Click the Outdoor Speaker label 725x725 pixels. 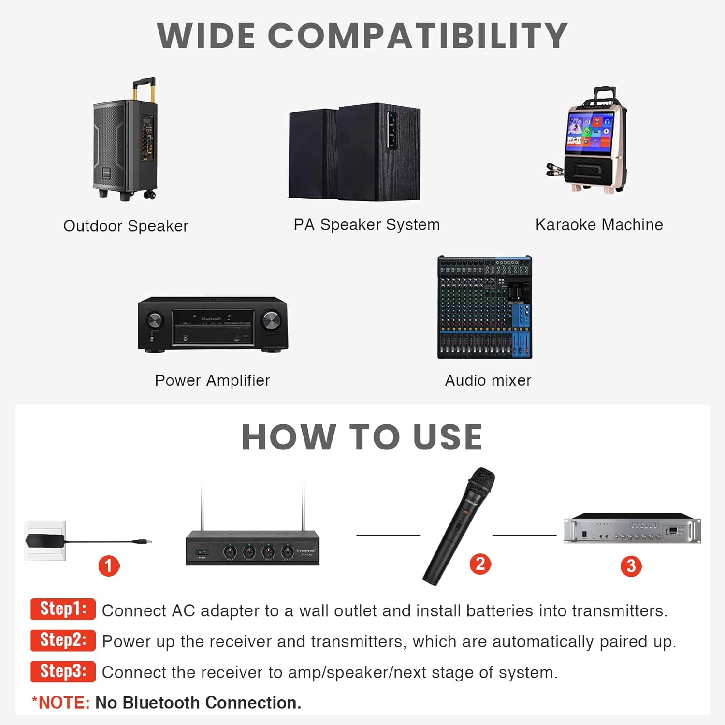pos(126,226)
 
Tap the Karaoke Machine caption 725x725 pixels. pos(599,225)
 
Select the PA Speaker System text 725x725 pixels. pos(367,225)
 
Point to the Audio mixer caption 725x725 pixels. pos(488,381)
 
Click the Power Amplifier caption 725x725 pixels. pos(212,381)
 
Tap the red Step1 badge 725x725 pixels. pos(63,609)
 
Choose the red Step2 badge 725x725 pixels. pos(63,640)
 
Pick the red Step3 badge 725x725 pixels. pos(63,671)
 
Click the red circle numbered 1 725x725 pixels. pos(109,565)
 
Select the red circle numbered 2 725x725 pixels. pos(480,564)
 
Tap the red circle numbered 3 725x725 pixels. pos(631,566)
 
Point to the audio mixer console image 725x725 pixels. pos(485,307)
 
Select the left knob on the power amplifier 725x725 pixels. pos(155,320)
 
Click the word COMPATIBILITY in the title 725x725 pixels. pos(418,36)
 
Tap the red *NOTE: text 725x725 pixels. pos(61,703)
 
